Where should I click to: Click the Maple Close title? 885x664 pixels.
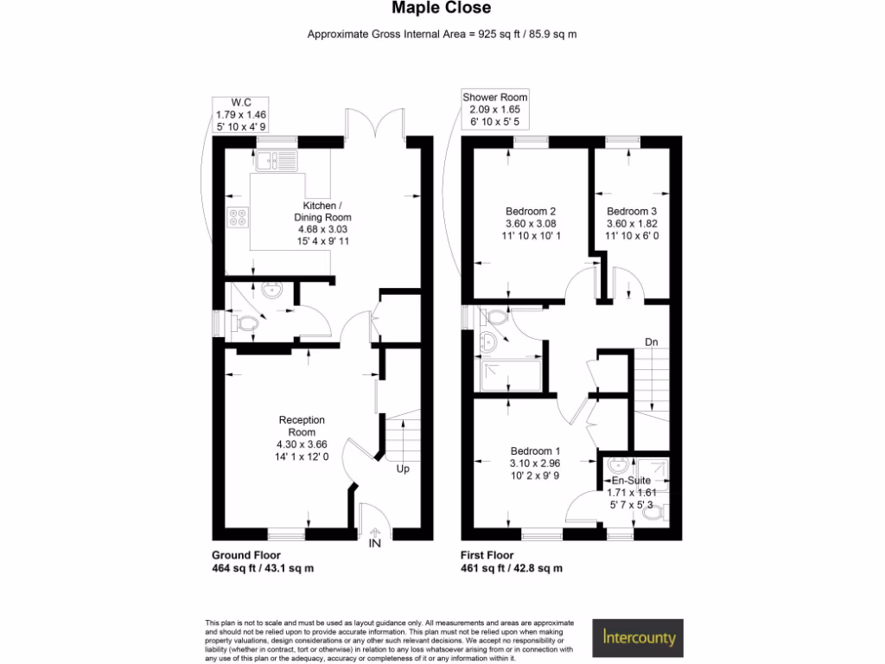tap(442, 8)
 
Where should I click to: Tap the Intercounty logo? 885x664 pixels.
tap(638, 638)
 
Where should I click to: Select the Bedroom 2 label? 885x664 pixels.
tap(531, 211)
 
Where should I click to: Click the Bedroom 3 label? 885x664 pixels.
tap(627, 211)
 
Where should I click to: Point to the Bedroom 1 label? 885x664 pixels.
tap(535, 451)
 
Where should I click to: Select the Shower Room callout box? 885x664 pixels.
tap(494, 110)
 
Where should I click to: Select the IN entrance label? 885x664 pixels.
tap(375, 543)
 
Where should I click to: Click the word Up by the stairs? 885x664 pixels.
tap(403, 469)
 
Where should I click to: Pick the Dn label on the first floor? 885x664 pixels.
tap(652, 342)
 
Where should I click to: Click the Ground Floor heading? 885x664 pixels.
tap(245, 555)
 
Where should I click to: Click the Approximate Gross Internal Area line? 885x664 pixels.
tap(442, 35)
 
